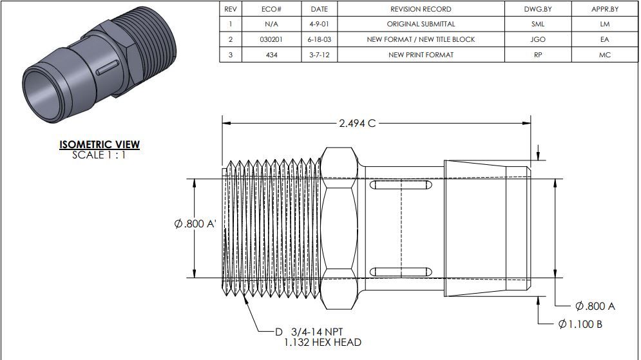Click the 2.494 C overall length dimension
[357, 123]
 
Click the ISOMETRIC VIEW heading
[99, 145]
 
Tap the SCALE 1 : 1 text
[99, 155]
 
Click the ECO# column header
[271, 9]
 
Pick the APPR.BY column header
[604, 9]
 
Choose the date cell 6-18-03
[319, 39]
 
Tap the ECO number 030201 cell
[271, 39]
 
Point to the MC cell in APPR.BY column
[604, 55]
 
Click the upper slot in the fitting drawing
[400, 185]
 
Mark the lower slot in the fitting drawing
[400, 271]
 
